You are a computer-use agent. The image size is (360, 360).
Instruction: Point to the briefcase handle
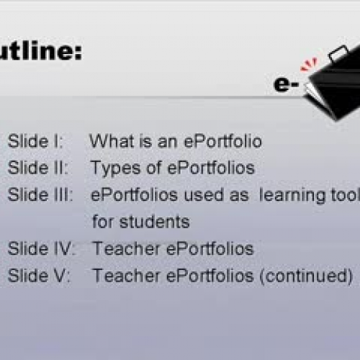(336, 53)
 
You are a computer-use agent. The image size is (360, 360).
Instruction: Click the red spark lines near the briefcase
(308, 66)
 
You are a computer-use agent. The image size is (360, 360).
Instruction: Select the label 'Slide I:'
(35, 141)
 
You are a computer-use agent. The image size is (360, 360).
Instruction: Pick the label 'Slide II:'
(37, 168)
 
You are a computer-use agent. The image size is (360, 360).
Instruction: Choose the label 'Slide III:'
(40, 194)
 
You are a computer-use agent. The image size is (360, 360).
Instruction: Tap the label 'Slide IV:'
(41, 249)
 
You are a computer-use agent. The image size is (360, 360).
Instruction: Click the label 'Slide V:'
(39, 276)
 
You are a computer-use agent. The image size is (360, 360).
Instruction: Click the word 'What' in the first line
(108, 141)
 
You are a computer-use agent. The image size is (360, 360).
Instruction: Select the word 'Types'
(112, 168)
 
